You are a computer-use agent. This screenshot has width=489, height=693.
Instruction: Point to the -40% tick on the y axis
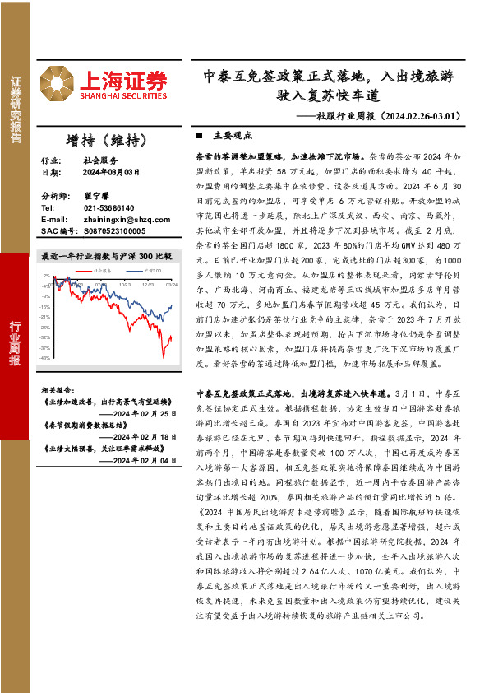[x=46, y=358]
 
